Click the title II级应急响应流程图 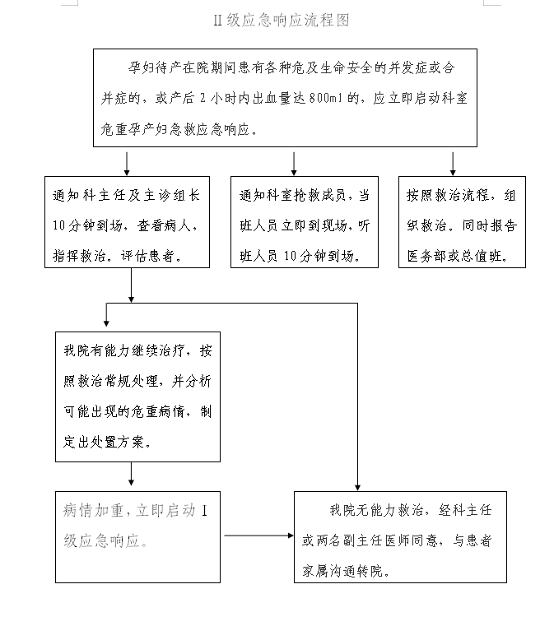(x=281, y=21)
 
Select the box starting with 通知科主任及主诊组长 (x=127, y=221)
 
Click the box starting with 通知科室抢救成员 (x=304, y=221)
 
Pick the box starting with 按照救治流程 (x=461, y=221)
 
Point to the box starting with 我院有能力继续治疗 (x=137, y=396)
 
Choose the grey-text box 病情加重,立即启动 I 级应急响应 (x=137, y=536)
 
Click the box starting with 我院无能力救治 (x=400, y=536)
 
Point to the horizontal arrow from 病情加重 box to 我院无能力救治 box (x=258, y=536)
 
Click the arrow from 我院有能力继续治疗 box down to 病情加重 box (x=131, y=475)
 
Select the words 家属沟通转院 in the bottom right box (x=345, y=570)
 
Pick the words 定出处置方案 (x=106, y=441)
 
